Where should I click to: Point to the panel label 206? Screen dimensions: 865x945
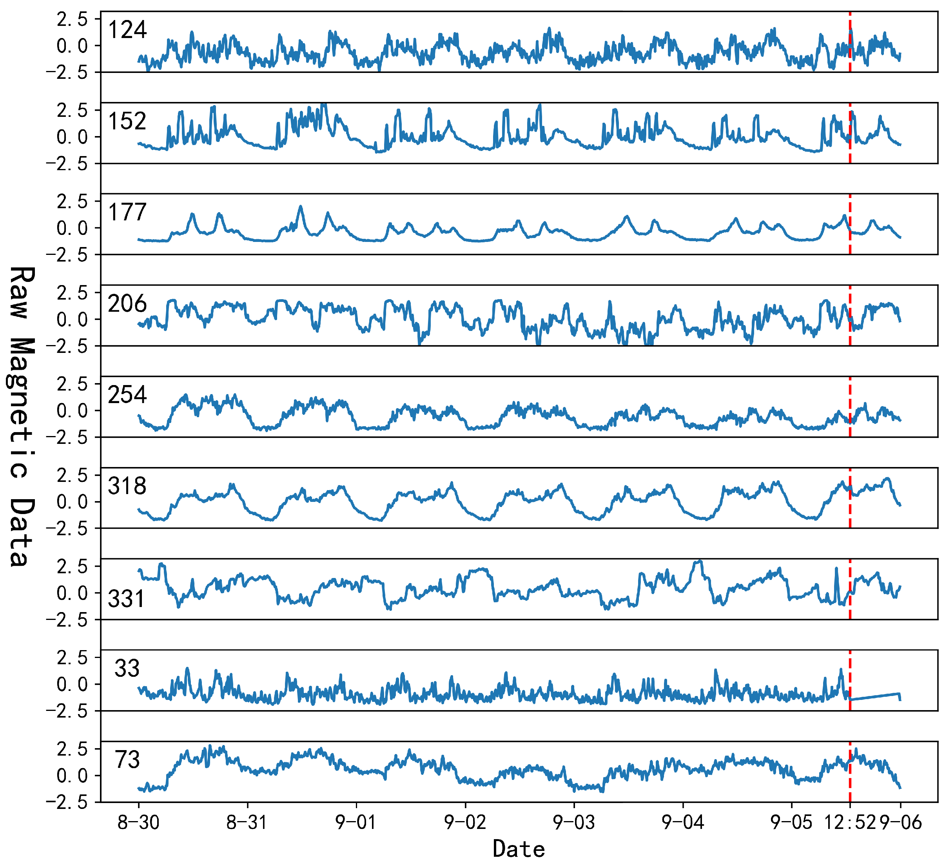(127, 303)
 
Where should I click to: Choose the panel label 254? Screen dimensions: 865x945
(127, 394)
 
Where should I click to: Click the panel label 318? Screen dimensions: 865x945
(127, 486)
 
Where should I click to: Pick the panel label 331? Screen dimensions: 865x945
(127, 599)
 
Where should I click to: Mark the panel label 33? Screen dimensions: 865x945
(127, 668)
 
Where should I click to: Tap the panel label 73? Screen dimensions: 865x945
(127, 759)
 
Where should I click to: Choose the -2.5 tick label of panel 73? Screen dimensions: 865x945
(67, 802)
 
